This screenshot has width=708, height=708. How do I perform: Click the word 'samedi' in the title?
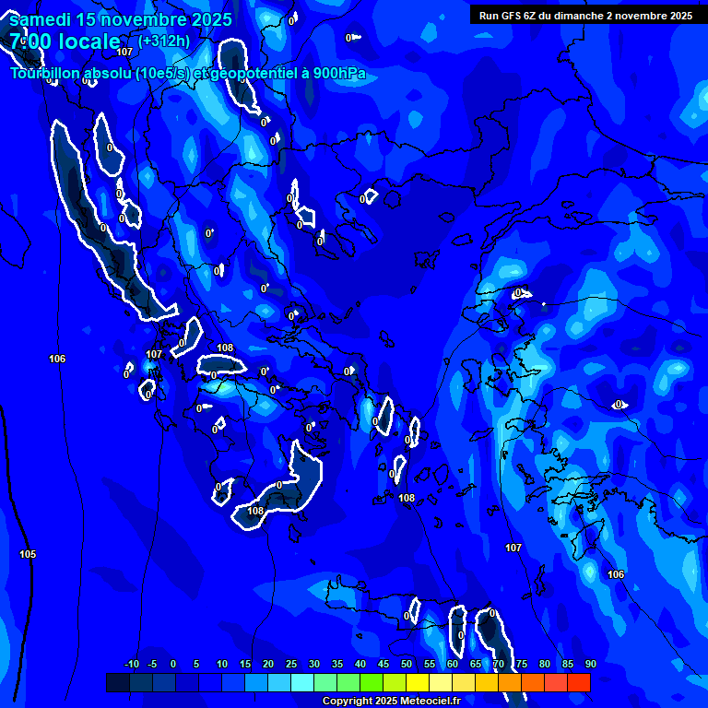40,18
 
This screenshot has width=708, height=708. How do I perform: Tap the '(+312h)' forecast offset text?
164,41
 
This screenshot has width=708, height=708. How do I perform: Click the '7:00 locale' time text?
65,41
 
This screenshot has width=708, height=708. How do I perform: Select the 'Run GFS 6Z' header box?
585,16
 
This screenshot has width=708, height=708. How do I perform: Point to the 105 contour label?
28,554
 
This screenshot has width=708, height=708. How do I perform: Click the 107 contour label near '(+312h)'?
124,52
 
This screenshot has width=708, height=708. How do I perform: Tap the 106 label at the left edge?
57,359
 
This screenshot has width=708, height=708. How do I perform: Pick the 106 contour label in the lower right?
616,574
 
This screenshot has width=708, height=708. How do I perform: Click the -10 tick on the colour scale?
131,664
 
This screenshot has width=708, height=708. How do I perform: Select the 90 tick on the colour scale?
590,664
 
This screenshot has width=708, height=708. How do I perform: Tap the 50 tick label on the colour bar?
407,664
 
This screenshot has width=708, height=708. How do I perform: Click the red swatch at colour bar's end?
578,682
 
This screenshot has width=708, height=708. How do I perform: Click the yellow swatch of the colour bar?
417,682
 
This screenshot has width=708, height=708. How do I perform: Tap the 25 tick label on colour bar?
291,664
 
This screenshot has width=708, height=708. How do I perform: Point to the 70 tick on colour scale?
499,664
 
